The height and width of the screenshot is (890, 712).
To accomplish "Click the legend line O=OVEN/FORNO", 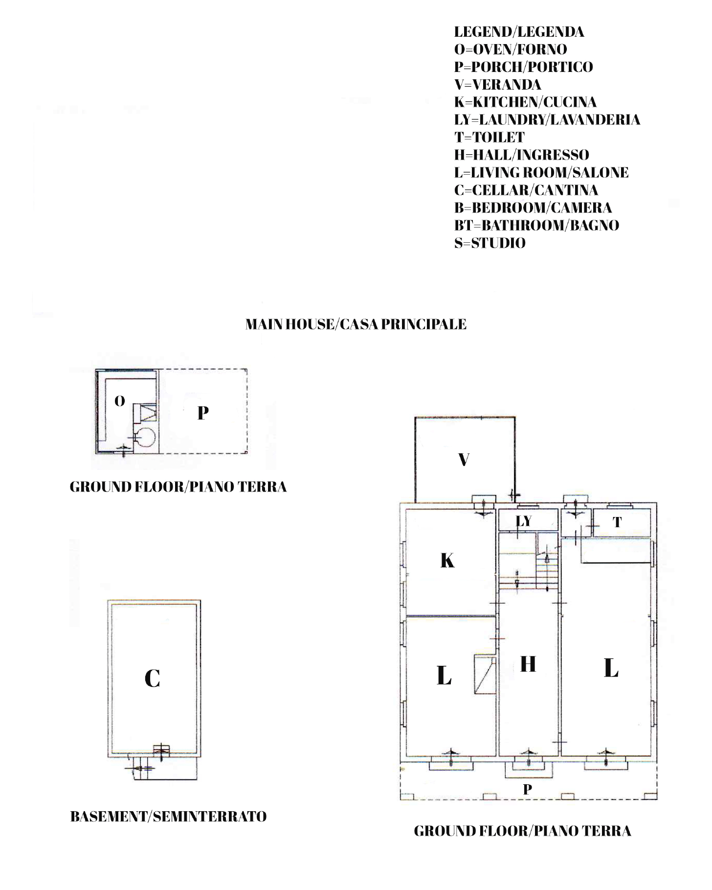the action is tap(511, 49).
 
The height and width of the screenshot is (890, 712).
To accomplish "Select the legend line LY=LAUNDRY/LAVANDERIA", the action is tap(547, 120).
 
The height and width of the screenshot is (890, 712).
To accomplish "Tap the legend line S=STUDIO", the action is tap(490, 243).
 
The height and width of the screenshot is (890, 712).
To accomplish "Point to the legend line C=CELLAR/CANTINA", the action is tap(526, 190).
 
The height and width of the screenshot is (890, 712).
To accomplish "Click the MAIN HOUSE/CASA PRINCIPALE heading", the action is tap(356, 324).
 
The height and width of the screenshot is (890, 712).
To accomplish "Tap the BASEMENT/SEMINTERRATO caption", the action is tap(168, 817).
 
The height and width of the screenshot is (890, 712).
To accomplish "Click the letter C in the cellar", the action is tap(152, 679).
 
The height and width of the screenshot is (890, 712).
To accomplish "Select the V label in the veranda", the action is tap(464, 460).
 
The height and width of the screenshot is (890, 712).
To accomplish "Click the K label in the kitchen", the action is tap(447, 561).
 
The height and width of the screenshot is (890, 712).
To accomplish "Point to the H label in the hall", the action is tap(528, 664).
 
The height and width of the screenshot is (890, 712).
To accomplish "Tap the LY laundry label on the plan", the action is tap(524, 521).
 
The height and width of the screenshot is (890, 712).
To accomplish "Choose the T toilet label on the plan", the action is tap(618, 522).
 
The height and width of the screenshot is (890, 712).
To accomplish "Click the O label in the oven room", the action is tap(120, 401).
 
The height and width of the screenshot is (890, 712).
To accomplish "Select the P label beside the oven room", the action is tap(203, 413).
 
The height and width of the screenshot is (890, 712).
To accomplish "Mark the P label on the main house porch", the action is tap(527, 789).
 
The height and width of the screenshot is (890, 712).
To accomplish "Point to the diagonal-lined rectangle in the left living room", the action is tap(485, 675).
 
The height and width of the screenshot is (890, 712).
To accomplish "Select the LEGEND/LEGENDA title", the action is tap(519, 32).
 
